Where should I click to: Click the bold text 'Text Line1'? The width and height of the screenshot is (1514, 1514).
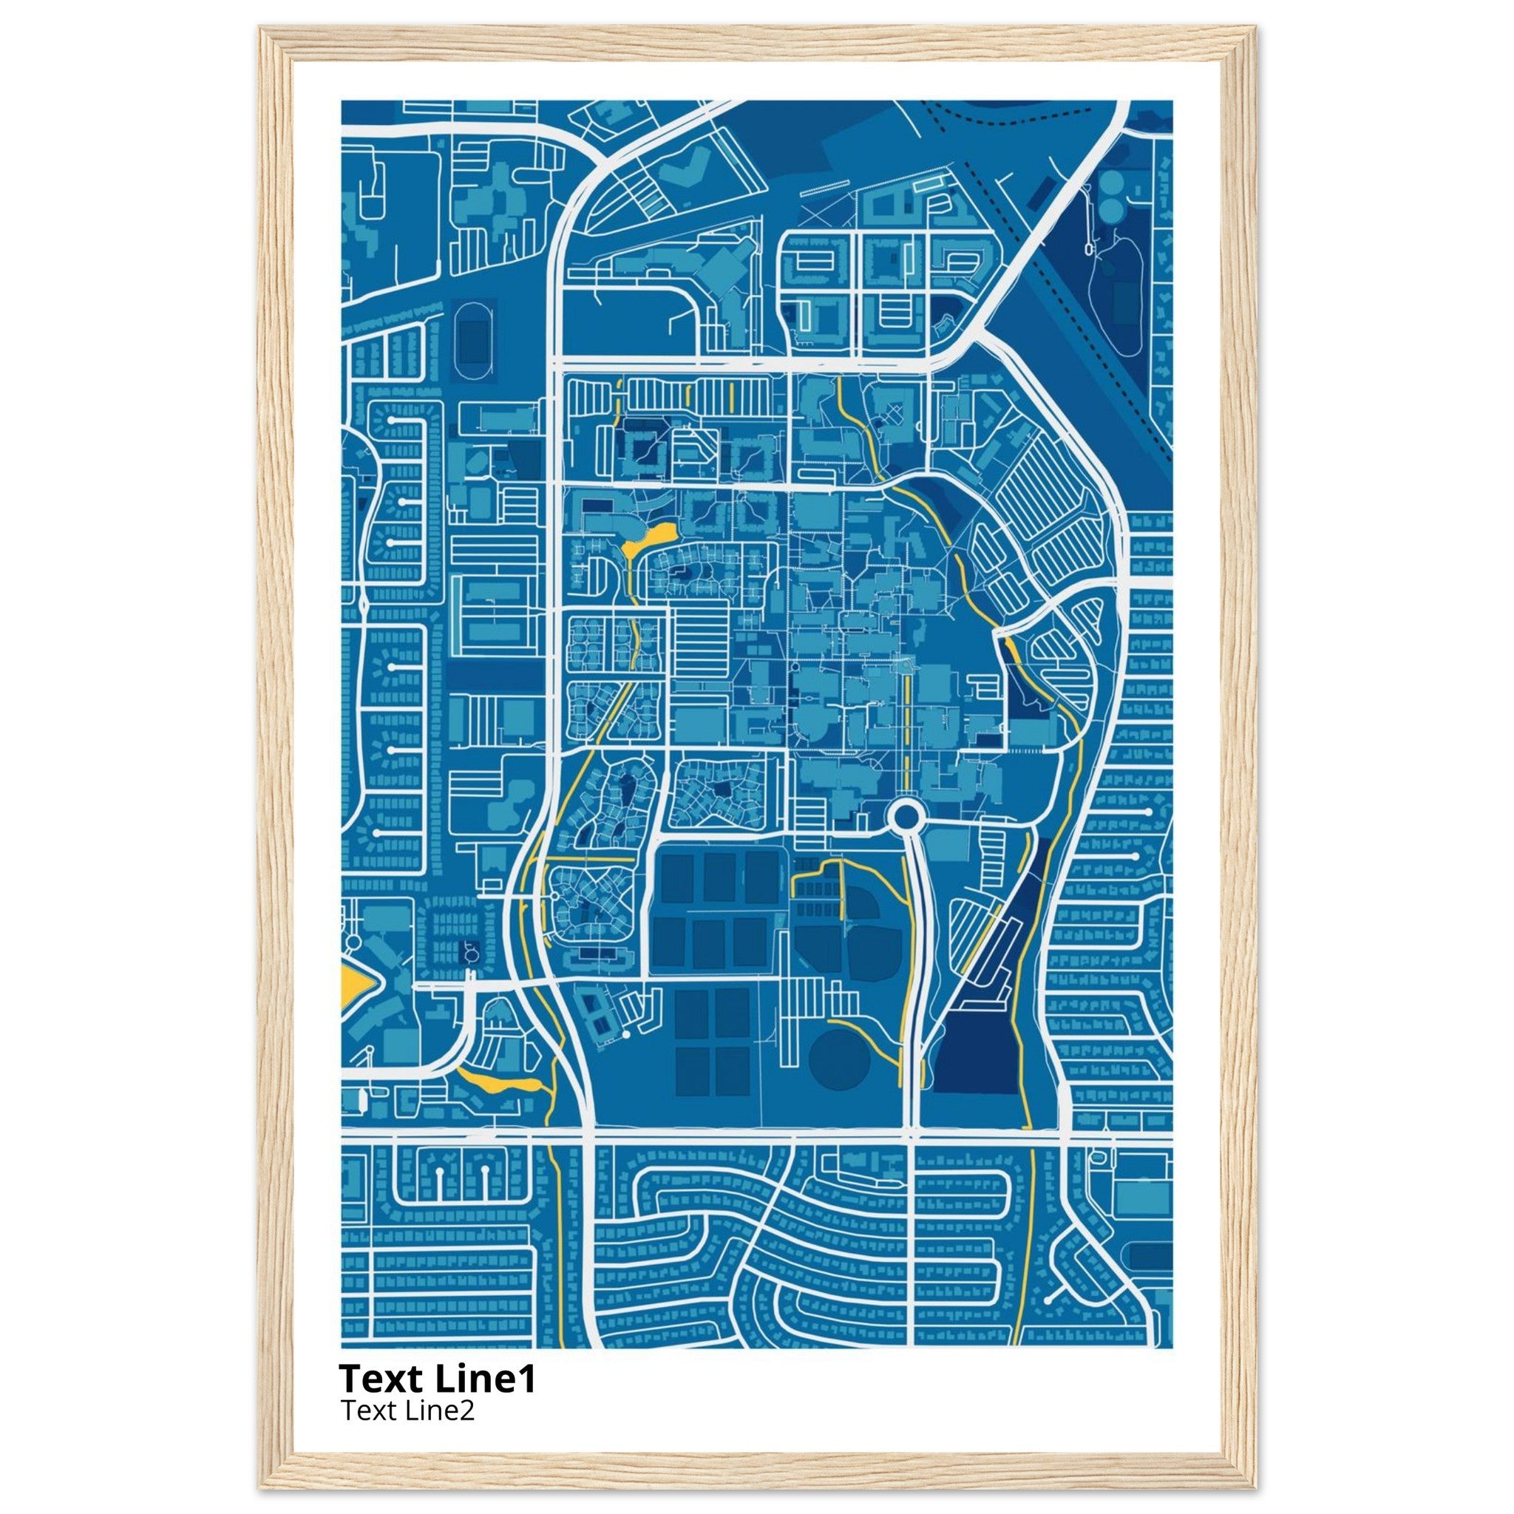pyautogui.click(x=438, y=1379)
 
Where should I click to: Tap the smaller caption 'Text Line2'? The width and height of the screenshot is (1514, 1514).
pyautogui.click(x=407, y=1410)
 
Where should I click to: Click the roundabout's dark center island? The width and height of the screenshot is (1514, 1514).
pyautogui.click(x=905, y=818)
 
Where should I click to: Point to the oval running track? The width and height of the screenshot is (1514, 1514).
pyautogui.click(x=470, y=342)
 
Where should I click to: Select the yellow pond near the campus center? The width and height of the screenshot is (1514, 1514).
pyautogui.click(x=653, y=536)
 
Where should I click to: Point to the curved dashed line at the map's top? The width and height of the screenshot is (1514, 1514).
pyautogui.click(x=1011, y=118)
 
